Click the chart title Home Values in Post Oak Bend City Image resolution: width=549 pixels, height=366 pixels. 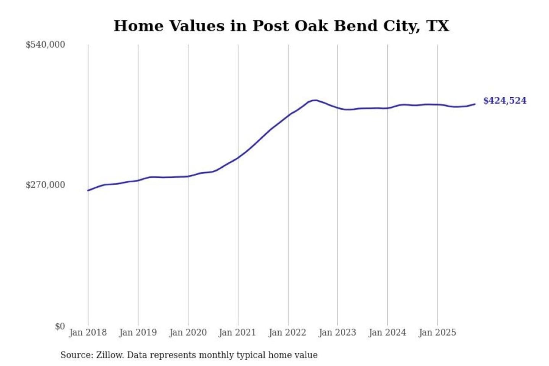point(281,26)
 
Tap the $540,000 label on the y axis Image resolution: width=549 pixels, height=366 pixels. point(45,45)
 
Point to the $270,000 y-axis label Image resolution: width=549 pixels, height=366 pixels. point(45,185)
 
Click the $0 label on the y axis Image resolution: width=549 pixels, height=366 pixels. point(60,326)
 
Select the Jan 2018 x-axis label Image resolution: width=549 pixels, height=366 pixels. point(88,332)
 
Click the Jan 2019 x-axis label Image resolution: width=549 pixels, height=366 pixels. point(138,332)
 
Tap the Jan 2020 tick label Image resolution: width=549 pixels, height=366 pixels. point(188,332)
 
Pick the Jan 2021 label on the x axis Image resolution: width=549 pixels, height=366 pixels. point(237,332)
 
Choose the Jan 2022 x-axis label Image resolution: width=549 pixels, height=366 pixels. point(287,332)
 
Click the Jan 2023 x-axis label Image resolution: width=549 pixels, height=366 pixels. point(337,332)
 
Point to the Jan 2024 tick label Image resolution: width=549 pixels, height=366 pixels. point(387,332)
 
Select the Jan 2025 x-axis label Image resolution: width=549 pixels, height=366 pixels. point(437,332)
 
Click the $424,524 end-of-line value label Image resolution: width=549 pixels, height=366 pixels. point(505,101)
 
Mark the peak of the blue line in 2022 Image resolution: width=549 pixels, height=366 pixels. point(314,100)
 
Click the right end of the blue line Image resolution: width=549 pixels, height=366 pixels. point(475,104)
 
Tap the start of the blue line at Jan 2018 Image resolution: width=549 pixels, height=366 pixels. point(88,190)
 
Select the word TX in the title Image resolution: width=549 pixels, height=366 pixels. point(438,26)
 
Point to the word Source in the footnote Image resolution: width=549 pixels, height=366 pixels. point(76,355)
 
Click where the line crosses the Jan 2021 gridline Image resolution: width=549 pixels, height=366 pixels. point(238,157)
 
